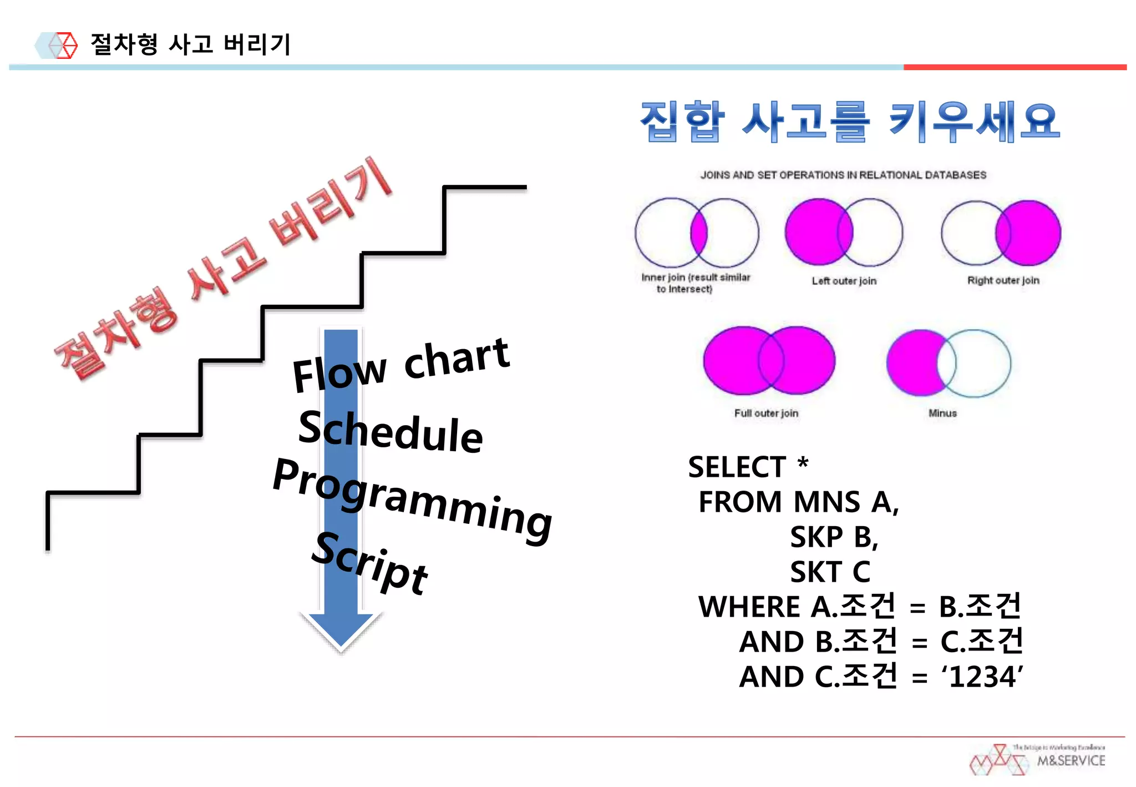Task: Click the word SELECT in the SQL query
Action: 737,467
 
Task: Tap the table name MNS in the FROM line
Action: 826,502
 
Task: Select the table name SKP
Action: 816,537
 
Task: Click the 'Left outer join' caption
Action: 844,281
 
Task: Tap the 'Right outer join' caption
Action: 1003,280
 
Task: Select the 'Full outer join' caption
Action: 766,413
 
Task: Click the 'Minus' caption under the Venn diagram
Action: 942,413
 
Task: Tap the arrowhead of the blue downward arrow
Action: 341,630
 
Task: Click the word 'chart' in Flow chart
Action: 456,359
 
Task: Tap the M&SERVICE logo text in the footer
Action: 1071,760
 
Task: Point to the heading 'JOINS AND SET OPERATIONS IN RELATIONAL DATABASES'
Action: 843,175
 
